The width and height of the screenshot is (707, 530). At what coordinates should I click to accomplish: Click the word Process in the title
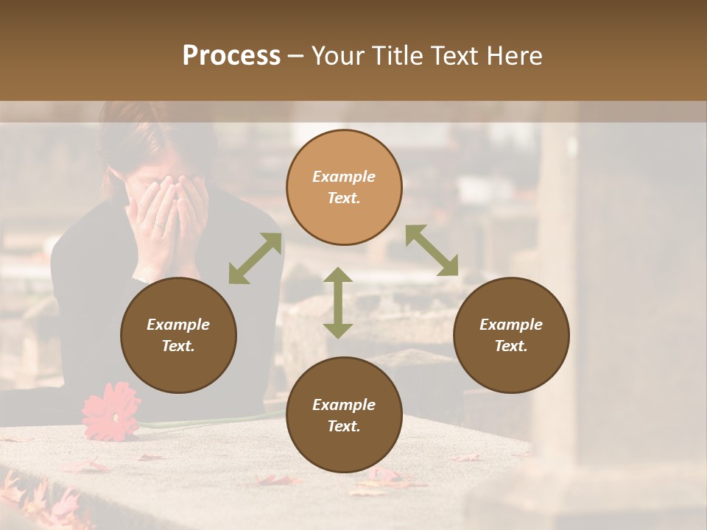coord(231,56)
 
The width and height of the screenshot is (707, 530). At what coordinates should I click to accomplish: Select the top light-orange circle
coord(344,187)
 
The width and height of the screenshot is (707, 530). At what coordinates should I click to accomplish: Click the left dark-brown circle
coord(178,335)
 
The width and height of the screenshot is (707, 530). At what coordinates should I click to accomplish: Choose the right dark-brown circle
coord(511,335)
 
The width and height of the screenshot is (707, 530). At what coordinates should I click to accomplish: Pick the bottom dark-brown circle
coord(344,415)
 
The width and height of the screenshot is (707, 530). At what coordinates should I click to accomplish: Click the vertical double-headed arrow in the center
coord(338,303)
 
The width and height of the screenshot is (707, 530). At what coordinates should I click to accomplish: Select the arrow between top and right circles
coord(432,250)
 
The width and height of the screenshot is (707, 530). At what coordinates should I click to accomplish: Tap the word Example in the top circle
coord(344,177)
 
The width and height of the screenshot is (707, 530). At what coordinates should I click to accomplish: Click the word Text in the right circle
coord(511,346)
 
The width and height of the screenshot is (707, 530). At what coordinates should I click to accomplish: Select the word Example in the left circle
coord(178,325)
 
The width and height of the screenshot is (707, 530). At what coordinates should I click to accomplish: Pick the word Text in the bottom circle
coord(344,426)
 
